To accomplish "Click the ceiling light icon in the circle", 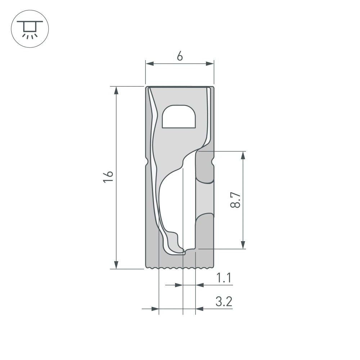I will [x=30, y=30].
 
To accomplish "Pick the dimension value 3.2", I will [x=223, y=302].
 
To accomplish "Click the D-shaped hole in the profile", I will [x=179, y=117].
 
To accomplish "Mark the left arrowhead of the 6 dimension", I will [x=149, y=64].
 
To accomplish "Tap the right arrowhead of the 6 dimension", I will [x=210, y=64].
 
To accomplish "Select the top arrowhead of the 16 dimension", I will [x=116, y=90].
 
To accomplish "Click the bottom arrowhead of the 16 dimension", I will [x=116, y=265].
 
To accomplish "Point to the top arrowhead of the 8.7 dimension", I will [x=243, y=156].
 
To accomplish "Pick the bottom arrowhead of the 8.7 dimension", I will [x=243, y=244].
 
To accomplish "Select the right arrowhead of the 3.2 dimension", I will [x=199, y=309].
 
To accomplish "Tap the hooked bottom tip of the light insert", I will [x=182, y=252].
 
